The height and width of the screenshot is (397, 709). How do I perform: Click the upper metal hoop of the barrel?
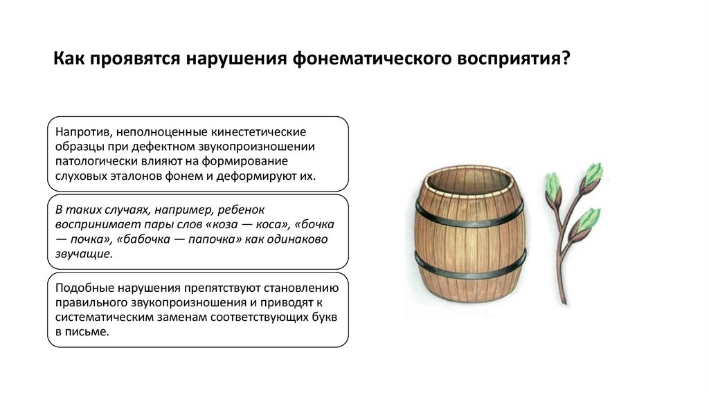[471, 215]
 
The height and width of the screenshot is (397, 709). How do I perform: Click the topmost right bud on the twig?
[593, 174]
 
